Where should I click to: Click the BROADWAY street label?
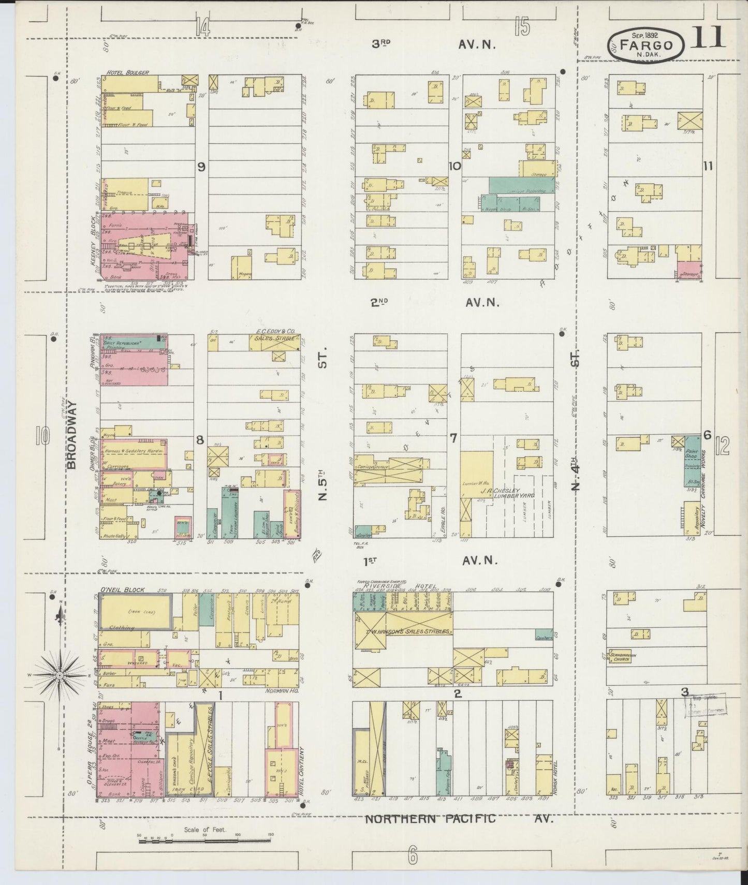tap(72, 435)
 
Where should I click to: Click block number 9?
tap(201, 166)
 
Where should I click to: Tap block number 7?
tap(453, 438)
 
